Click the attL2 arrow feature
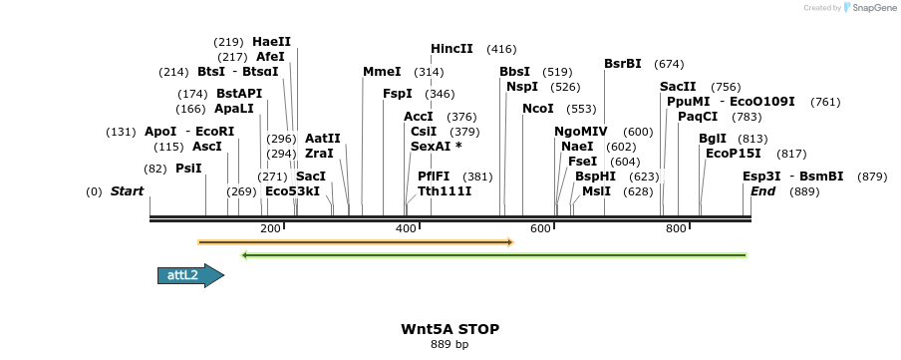pyautogui.click(x=189, y=275)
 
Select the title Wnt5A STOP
pyautogui.click(x=450, y=328)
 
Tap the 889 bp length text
pyautogui.click(x=450, y=344)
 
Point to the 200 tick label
pyautogui.click(x=270, y=229)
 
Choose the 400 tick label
pyautogui.click(x=406, y=229)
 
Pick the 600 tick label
pyautogui.click(x=541, y=229)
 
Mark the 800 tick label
pyautogui.click(x=677, y=229)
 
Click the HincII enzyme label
pyautogui.click(x=451, y=49)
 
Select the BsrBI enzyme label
pyautogui.click(x=623, y=64)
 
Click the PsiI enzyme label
pyautogui.click(x=188, y=169)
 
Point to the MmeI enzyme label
pyautogui.click(x=382, y=72)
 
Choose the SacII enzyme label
pyautogui.click(x=678, y=87)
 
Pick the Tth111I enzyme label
pyautogui.click(x=445, y=190)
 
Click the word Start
pyautogui.click(x=127, y=190)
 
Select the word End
pyautogui.click(x=762, y=190)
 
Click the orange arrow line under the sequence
pyautogui.click(x=355, y=241)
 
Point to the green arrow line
pyautogui.click(x=494, y=255)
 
